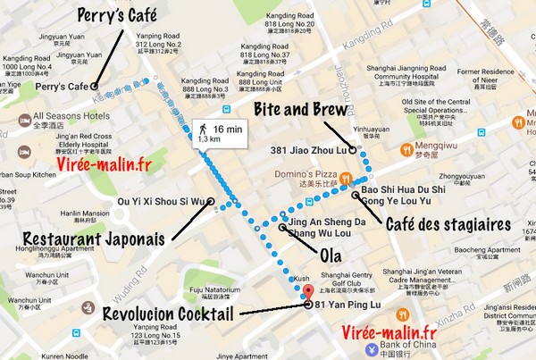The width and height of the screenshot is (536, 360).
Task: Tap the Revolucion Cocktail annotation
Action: pyautogui.click(x=169, y=314)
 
